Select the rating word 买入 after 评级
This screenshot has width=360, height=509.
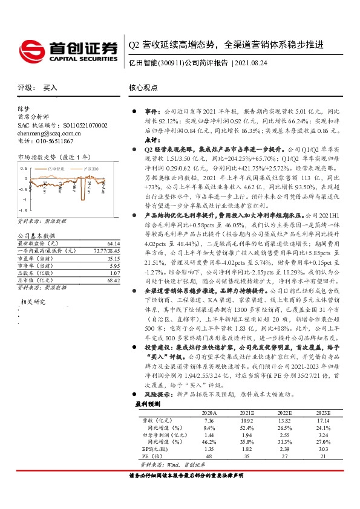[x=50, y=88]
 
